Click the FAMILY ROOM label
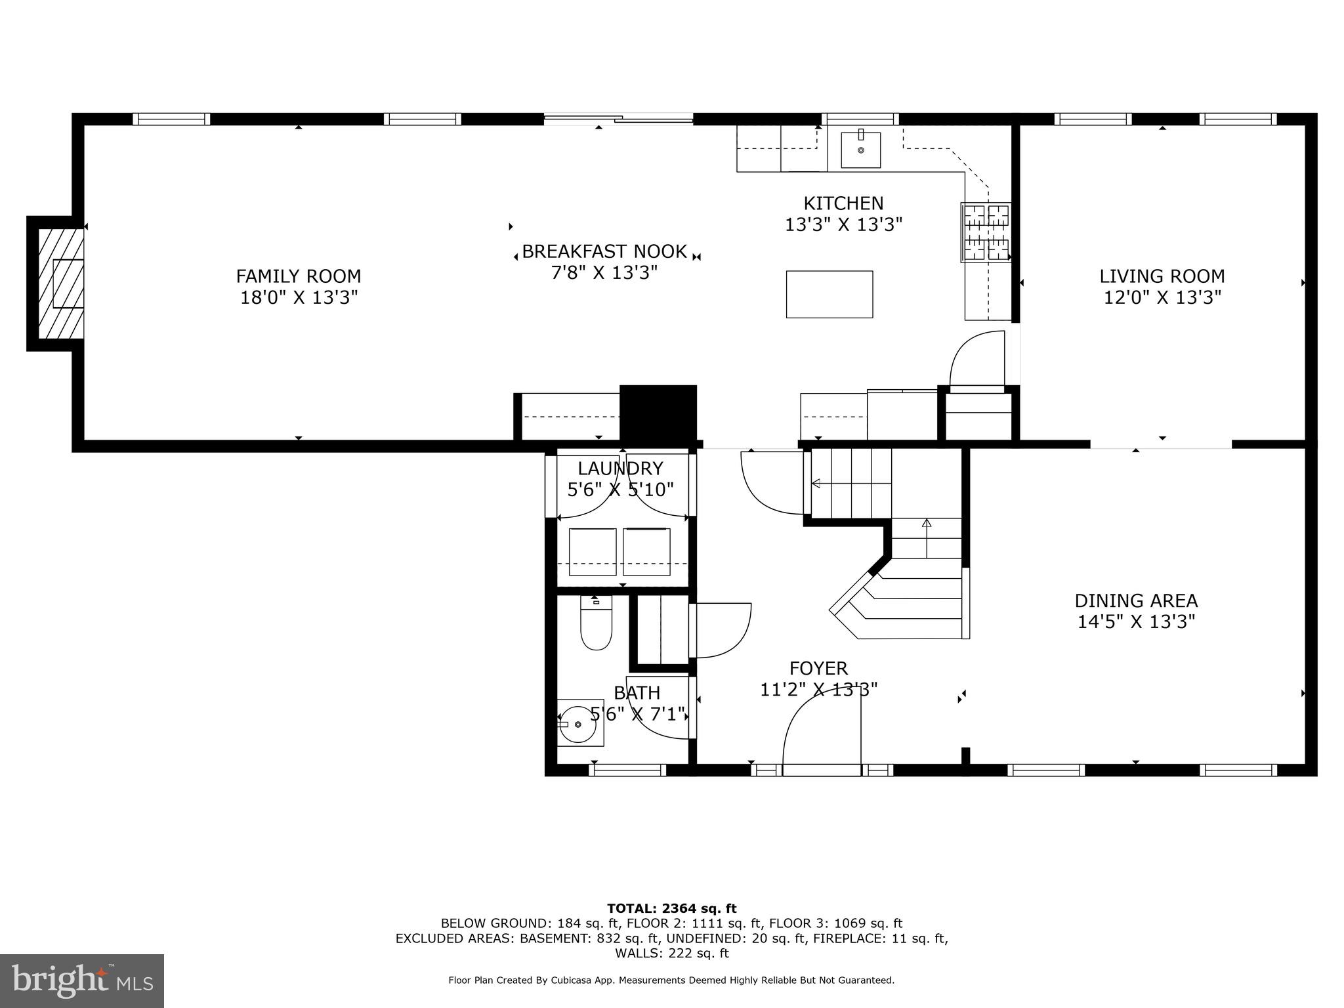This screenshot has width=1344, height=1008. click(299, 276)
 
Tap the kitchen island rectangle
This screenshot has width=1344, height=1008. click(829, 294)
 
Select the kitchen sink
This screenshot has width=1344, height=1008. click(860, 150)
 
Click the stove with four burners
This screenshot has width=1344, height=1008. click(986, 232)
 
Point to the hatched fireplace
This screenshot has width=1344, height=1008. click(61, 283)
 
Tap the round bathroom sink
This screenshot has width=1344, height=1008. click(577, 723)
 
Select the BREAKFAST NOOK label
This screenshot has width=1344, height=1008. click(604, 251)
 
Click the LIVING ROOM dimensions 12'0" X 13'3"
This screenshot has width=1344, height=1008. click(1162, 297)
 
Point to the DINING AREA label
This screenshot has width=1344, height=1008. click(1136, 600)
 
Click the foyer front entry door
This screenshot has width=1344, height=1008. click(822, 769)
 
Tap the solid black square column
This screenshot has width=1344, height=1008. click(658, 412)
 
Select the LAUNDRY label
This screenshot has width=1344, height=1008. click(620, 469)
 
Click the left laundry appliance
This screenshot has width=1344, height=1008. click(593, 551)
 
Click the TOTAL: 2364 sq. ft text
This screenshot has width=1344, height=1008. click(671, 908)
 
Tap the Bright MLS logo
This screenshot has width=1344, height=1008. click(82, 980)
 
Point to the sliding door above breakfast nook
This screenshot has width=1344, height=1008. click(618, 119)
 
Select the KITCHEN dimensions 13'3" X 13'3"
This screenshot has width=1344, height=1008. click(843, 225)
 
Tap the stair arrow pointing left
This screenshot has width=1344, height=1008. click(816, 484)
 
